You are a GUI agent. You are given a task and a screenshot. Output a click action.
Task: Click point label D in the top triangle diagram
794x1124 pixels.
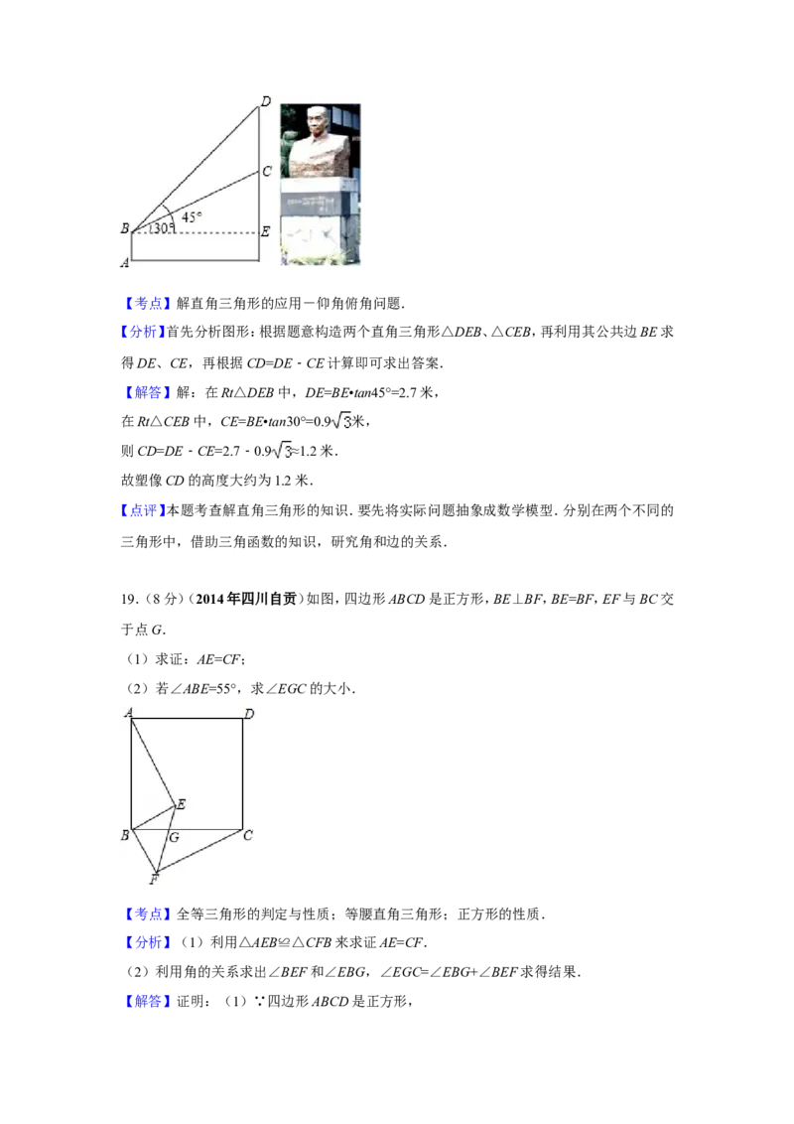(265, 101)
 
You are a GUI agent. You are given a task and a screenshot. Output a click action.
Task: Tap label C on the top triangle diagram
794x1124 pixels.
(267, 172)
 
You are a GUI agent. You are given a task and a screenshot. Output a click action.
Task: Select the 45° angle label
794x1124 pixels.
(192, 216)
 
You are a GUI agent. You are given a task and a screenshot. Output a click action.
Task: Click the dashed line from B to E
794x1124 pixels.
(208, 233)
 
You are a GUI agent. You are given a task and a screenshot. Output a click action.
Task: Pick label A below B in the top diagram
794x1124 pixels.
(125, 262)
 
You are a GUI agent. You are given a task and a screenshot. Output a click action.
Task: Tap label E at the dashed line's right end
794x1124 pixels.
(265, 232)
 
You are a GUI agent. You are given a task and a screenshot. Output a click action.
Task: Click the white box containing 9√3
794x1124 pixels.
(340, 422)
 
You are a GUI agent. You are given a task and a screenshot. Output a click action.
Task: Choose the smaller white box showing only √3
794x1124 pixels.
(283, 451)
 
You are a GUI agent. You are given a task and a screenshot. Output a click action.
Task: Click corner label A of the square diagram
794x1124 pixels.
(127, 712)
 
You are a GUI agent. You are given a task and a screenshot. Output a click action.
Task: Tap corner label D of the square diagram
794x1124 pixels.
(249, 713)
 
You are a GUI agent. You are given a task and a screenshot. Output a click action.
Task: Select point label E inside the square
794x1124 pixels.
(181, 804)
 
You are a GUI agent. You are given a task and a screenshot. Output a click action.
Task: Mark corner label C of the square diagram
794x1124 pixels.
(248, 836)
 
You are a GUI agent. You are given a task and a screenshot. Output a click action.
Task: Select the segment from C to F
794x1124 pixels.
(198, 852)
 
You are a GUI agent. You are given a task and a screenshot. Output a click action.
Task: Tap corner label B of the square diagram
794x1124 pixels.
(125, 836)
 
